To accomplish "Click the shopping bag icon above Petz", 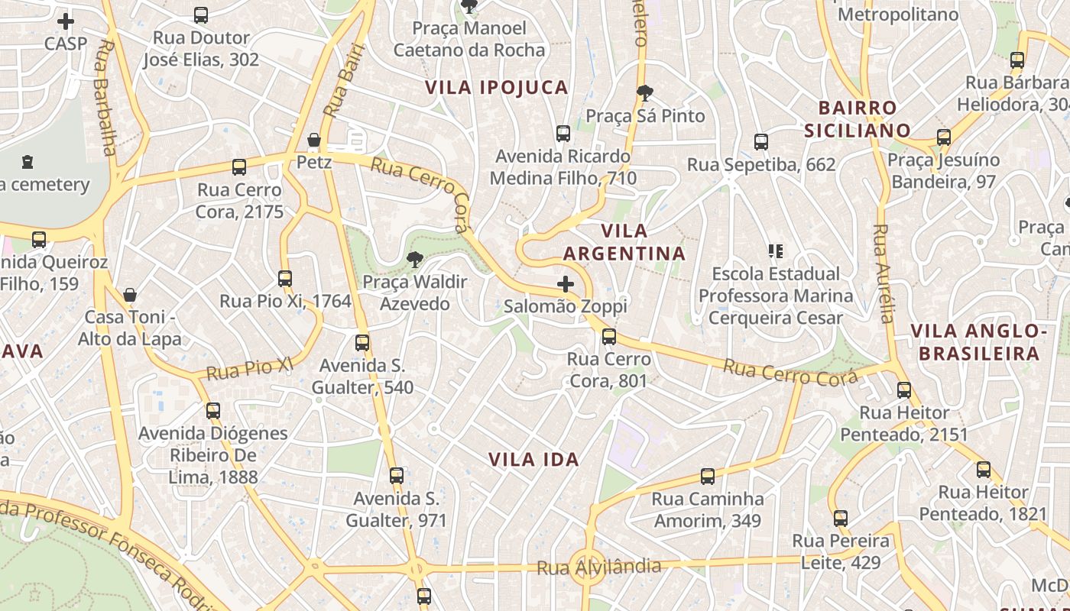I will [313, 140].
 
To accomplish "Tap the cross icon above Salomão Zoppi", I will [565, 285].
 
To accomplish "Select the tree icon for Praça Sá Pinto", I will [645, 94].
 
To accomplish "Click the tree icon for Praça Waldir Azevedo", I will [414, 260].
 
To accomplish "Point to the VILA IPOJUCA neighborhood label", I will [497, 88].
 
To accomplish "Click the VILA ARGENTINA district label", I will [624, 242].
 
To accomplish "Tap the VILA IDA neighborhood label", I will [533, 460].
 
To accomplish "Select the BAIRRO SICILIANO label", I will [857, 119].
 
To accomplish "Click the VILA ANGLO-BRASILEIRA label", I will [978, 342].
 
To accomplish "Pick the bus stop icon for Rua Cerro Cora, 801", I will [609, 336].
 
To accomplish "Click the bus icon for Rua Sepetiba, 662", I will [760, 141].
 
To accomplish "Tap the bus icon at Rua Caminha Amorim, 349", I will [708, 477].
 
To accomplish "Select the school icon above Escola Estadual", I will [776, 251].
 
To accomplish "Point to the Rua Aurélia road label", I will [884, 273].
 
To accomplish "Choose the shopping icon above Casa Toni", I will [130, 294].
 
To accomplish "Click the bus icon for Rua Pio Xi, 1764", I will [285, 279].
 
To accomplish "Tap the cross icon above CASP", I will [66, 21].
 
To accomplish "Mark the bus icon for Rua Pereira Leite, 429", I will [841, 519].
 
